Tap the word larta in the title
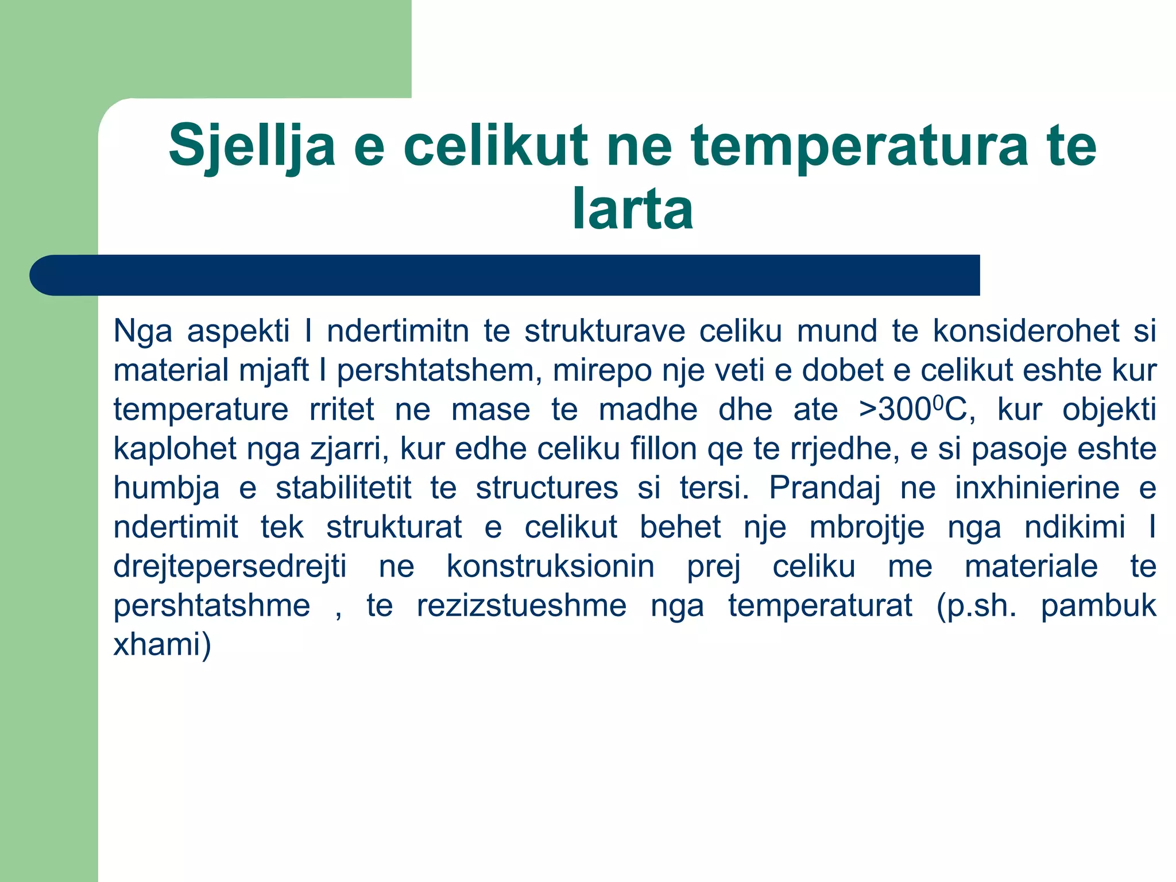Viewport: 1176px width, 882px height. coord(633,209)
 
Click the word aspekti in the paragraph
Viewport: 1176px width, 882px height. coord(238,331)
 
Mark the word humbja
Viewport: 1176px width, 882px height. coord(167,488)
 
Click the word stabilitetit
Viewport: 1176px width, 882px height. coord(343,488)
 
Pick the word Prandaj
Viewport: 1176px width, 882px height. coord(825,488)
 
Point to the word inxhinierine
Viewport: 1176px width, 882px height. coord(1037,488)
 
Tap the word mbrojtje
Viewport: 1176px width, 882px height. coord(867,527)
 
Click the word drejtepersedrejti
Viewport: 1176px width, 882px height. coord(230,567)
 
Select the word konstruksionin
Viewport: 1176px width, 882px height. coord(551,567)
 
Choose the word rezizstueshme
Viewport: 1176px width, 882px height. coord(521,606)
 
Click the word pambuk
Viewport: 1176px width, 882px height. coord(1098,606)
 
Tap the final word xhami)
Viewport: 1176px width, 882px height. coord(163,645)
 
